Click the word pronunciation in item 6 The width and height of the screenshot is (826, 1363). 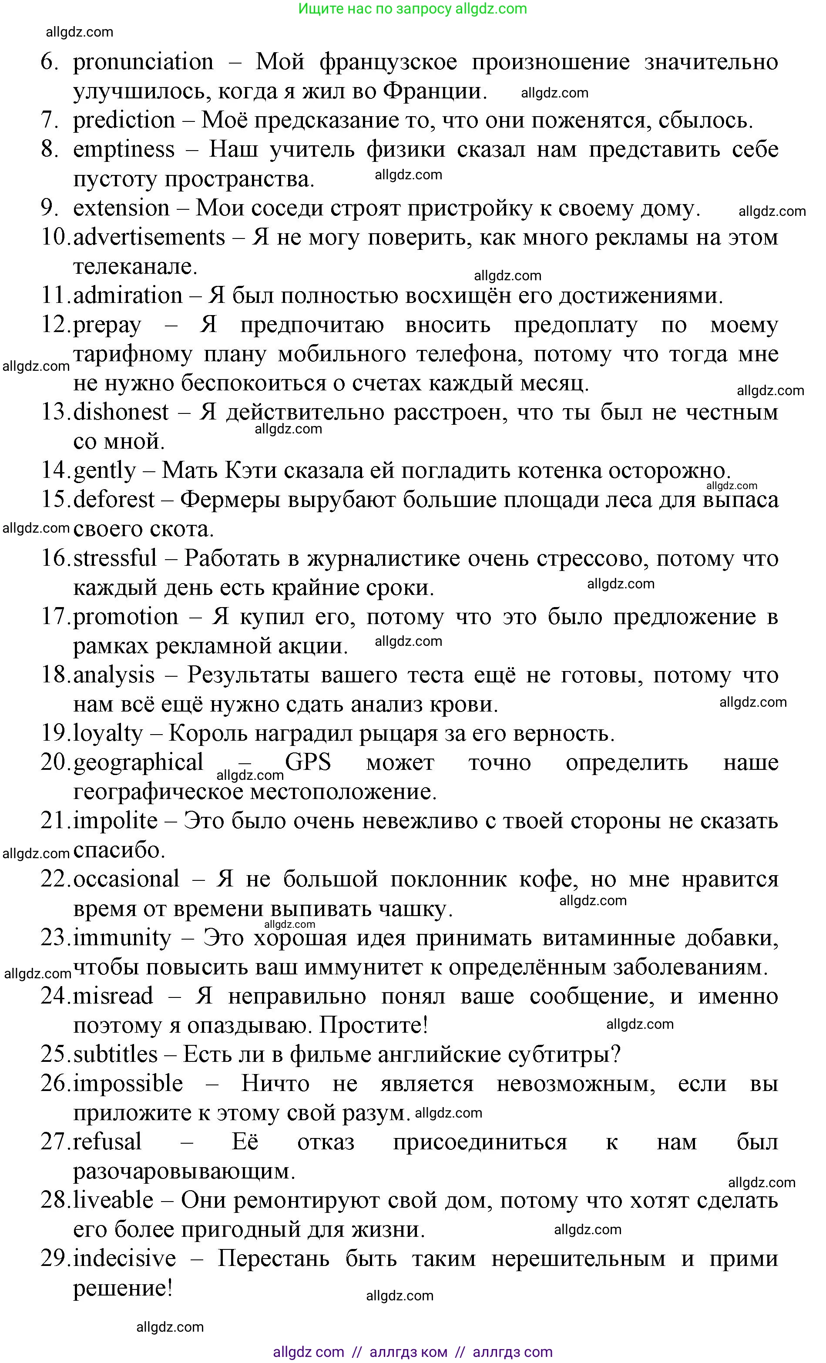click(143, 62)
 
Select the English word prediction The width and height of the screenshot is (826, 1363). click(124, 121)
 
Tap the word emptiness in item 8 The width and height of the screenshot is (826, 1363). click(124, 150)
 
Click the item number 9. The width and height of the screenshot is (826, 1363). click(50, 208)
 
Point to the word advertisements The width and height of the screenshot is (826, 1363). click(149, 237)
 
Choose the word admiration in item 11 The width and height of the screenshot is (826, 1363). click(128, 296)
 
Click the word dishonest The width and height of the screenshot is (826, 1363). click(121, 413)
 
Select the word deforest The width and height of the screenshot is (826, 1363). click(114, 500)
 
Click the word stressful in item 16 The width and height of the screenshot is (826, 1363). click(115, 559)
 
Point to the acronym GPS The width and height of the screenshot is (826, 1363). click(308, 763)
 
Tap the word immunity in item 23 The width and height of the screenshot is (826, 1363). click(122, 938)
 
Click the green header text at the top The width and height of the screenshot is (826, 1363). click(412, 9)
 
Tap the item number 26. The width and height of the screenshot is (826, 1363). click(55, 1084)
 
